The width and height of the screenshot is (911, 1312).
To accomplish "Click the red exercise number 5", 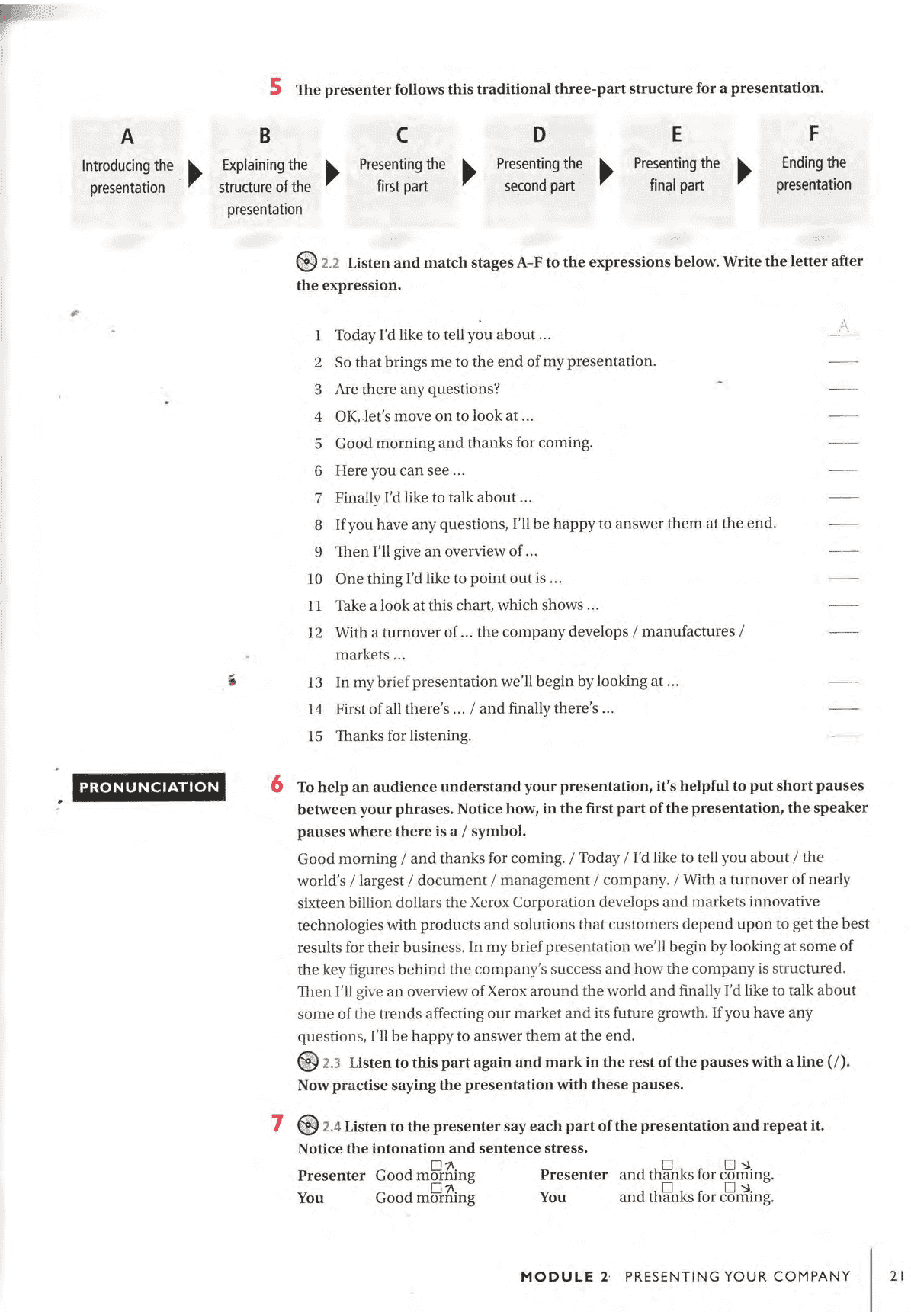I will pyautogui.click(x=275, y=86).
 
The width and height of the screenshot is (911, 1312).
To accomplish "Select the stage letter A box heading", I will pyautogui.click(x=127, y=136).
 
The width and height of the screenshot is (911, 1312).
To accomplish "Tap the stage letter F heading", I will pyautogui.click(x=813, y=133).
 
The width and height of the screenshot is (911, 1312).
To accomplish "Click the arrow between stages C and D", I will pyautogui.click(x=469, y=172).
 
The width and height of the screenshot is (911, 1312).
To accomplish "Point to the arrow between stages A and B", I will pyautogui.click(x=194, y=174).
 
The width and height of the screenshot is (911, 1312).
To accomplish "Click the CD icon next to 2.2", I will pyautogui.click(x=306, y=261).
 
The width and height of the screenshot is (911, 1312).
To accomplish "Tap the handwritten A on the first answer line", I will pyautogui.click(x=843, y=327).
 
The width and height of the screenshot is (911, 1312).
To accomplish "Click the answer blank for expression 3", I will pyautogui.click(x=843, y=389).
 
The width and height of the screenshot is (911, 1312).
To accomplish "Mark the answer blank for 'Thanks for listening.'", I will pyautogui.click(x=843, y=736).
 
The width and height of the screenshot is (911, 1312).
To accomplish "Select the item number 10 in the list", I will pyautogui.click(x=315, y=579).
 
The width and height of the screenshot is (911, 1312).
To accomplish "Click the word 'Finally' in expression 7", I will pyautogui.click(x=358, y=498).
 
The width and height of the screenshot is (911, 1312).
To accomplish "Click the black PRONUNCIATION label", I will pyautogui.click(x=149, y=787).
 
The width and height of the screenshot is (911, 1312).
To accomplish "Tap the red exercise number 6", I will pyautogui.click(x=277, y=784).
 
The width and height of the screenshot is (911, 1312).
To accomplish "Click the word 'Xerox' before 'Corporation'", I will pyautogui.click(x=489, y=902).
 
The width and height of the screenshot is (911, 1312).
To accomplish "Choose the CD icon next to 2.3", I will pyautogui.click(x=307, y=1061).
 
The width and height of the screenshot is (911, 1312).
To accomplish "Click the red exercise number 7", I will pyautogui.click(x=277, y=1123).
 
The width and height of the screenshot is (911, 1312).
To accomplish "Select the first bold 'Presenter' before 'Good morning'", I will pyautogui.click(x=331, y=1176).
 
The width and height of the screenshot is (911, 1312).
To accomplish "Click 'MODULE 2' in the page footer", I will pyautogui.click(x=564, y=1276).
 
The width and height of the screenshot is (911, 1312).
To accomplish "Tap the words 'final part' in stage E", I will pyautogui.click(x=676, y=185).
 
